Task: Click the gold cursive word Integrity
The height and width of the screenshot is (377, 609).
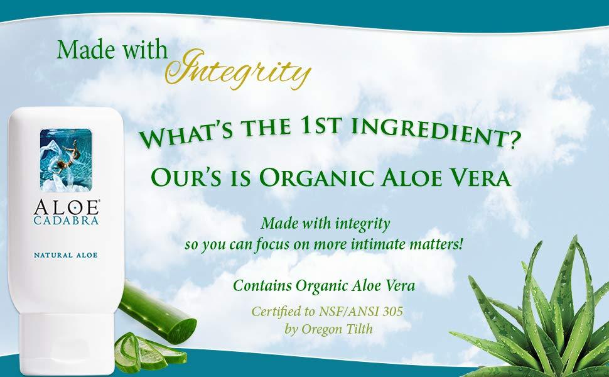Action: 238,69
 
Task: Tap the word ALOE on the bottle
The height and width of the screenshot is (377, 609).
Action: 66,207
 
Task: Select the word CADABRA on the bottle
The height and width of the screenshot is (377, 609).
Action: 66,221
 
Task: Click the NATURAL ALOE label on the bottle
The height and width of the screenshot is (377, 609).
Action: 66,255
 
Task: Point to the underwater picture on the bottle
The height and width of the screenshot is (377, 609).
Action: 66,160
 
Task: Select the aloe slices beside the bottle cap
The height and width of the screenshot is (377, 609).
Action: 149,352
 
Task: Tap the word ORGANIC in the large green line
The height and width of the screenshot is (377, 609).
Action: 318,177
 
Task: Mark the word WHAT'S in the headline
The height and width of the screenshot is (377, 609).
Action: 186,134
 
